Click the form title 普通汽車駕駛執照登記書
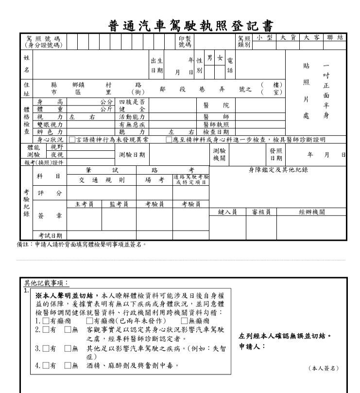tap(180, 24)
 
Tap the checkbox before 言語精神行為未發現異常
tap(72, 140)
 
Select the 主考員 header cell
tap(85, 204)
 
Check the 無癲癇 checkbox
tap(184, 322)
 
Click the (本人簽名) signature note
tap(325, 368)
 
